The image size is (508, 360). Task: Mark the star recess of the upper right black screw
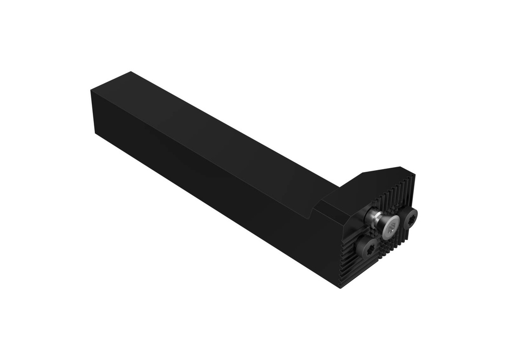tap(411, 218)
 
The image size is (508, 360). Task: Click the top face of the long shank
tap(208, 129)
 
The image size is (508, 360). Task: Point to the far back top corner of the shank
tap(130, 72)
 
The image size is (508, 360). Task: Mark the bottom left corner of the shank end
tap(95, 134)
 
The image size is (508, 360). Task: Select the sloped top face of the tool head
tap(367, 186)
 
